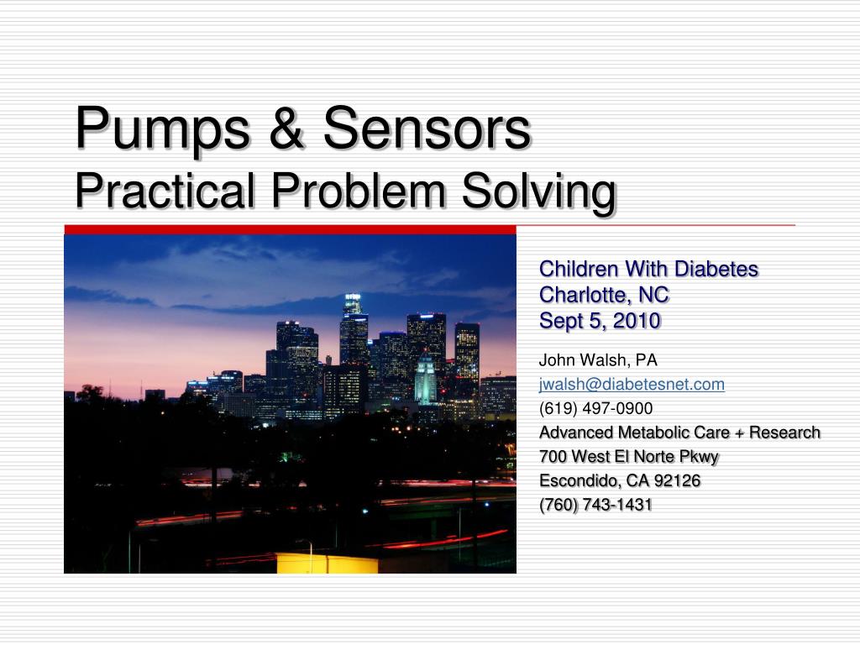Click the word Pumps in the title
point(163,130)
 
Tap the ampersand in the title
point(286,128)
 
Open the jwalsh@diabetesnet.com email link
point(632,385)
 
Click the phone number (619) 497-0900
point(595,409)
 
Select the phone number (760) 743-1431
point(595,505)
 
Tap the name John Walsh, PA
point(598,360)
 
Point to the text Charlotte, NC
point(604,295)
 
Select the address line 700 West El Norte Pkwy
point(628,457)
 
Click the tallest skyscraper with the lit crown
point(354,329)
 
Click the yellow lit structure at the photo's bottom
point(327,563)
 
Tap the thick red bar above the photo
point(290,230)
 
